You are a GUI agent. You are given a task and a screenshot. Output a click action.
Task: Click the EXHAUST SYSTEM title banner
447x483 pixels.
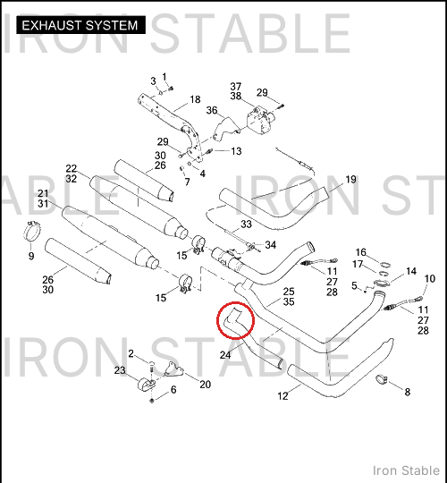coord(80,25)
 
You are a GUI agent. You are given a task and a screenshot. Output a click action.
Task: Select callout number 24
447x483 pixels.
coord(225,355)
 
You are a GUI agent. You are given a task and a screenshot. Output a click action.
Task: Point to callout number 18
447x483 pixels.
coord(195,99)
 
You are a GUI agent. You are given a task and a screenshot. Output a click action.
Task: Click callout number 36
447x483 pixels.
coord(212,110)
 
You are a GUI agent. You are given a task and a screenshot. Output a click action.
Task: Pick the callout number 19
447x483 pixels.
coord(350,179)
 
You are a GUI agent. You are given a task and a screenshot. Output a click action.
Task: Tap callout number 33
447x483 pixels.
coord(246,224)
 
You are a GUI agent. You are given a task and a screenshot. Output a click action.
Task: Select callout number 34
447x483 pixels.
coord(271,245)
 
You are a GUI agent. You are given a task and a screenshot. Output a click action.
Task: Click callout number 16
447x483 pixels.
coord(361,252)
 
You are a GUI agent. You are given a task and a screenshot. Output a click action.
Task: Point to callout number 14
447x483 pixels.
coord(411,271)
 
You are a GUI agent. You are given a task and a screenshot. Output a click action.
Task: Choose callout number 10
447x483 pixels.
coord(430,279)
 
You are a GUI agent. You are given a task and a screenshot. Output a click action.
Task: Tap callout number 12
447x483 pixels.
coord(283,396)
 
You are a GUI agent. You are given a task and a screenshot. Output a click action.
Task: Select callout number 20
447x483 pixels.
coord(205,385)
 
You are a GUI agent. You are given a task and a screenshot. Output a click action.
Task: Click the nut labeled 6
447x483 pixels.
coord(151,401)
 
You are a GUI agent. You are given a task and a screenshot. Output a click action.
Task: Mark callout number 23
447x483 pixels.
coord(120,370)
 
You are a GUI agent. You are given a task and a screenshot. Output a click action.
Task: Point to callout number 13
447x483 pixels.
coord(236,151)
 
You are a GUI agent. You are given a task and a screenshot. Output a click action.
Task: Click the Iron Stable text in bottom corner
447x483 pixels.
coord(406,470)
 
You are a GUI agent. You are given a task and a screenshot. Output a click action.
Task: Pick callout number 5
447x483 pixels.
coord(354,286)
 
